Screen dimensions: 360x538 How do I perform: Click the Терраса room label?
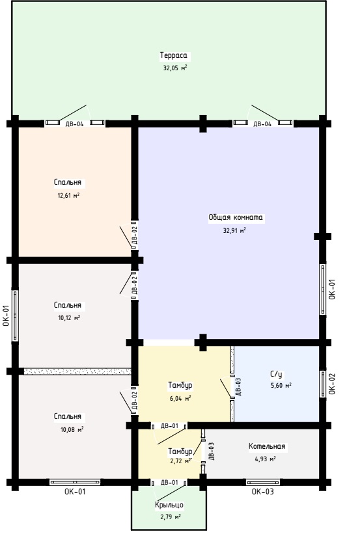[173, 55]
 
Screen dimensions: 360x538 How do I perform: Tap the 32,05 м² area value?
[175, 68]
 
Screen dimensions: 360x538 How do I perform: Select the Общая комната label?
[236, 217]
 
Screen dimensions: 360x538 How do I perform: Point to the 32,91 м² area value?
[234, 230]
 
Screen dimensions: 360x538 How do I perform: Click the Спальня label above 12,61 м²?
[68, 182]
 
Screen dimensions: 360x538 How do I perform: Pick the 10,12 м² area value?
[69, 317]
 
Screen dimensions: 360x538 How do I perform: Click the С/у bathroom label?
[276, 374]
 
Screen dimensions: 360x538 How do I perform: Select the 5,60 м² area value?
[281, 385]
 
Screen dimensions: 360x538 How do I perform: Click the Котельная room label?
[267, 446]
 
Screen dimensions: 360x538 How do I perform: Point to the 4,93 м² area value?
[266, 459]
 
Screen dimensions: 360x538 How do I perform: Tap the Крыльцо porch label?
[169, 505]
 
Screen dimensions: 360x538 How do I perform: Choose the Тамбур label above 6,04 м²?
[180, 385]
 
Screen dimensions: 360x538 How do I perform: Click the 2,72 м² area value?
[181, 461]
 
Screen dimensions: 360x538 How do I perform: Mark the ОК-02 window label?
[332, 384]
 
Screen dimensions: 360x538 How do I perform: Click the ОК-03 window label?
[263, 492]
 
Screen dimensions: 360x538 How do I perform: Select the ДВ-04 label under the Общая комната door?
[262, 124]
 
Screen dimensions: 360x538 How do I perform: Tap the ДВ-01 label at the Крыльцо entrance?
[170, 483]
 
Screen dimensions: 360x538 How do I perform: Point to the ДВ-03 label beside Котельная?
[212, 451]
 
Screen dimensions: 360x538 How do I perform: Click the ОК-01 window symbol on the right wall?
[322, 289]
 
